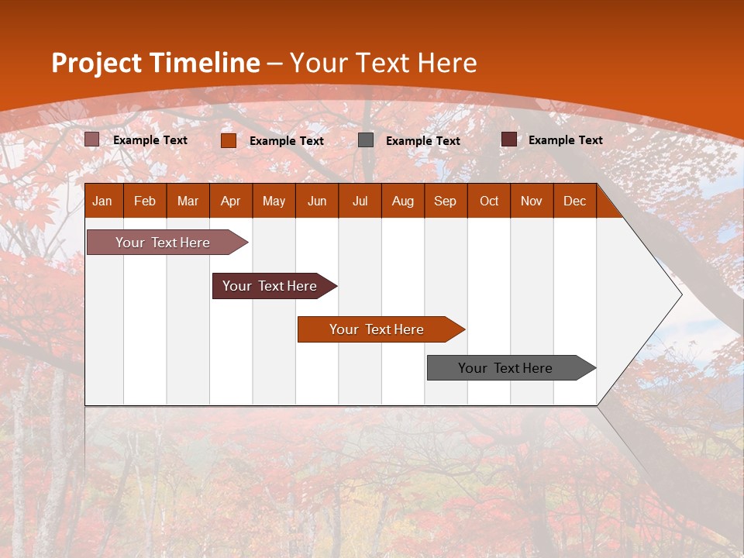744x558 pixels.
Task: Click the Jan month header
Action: pyautogui.click(x=102, y=201)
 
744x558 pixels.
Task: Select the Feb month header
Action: pyautogui.click(x=145, y=201)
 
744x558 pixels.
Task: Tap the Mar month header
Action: pyautogui.click(x=188, y=201)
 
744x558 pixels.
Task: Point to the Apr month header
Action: pyautogui.click(x=231, y=201)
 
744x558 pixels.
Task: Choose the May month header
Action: pyautogui.click(x=274, y=201)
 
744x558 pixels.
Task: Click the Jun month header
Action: pyautogui.click(x=317, y=201)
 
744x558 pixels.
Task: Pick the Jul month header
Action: pyautogui.click(x=360, y=201)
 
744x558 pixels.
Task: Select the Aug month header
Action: pyautogui.click(x=403, y=201)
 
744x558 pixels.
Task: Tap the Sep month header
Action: pyautogui.click(x=446, y=201)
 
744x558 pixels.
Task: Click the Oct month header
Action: pyautogui.click(x=489, y=201)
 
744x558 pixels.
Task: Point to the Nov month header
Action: pyautogui.click(x=532, y=201)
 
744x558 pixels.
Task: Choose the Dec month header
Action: pyautogui.click(x=575, y=201)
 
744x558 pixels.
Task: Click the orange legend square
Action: pyautogui.click(x=229, y=140)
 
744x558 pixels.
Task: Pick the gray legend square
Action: pyautogui.click(x=366, y=140)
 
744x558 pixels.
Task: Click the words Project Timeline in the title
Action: pyautogui.click(x=156, y=63)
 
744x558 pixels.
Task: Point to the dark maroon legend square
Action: pyautogui.click(x=509, y=139)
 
